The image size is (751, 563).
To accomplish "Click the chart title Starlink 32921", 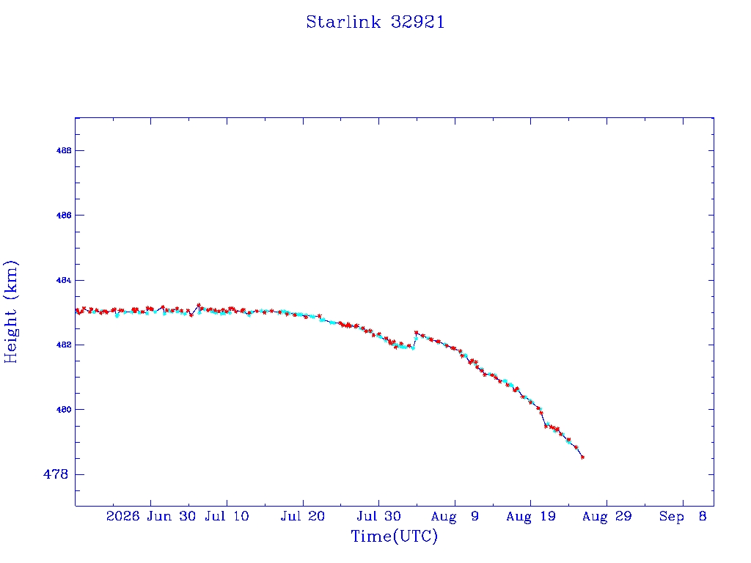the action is pos(375,22).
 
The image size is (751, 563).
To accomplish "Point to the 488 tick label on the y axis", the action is pos(64,150).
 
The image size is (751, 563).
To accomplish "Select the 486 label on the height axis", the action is pos(64,216).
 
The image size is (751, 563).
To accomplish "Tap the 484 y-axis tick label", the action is pos(64,280).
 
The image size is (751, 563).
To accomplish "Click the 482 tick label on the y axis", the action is pos(64,345).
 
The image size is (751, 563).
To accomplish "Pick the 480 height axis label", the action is pos(64,410).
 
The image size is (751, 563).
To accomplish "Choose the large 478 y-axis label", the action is pos(56,474).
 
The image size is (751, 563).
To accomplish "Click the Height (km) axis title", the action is pos(10,312).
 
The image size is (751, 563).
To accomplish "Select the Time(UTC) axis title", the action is pos(394,536).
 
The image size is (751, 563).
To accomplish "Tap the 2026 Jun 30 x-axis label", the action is pos(151,516).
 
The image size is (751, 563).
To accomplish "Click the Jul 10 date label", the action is pos(227,516).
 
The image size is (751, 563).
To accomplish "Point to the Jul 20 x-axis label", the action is pos(303,516).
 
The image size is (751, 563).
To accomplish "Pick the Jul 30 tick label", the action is pos(379,516).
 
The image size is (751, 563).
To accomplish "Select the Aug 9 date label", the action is pos(455,516).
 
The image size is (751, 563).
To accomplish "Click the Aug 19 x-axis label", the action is pos(531,516).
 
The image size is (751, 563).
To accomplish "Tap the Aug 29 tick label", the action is pos(607,516).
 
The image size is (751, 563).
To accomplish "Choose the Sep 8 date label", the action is pos(683,516).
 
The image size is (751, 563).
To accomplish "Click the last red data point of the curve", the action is pos(582,457).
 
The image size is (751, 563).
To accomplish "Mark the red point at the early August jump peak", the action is pos(417,332).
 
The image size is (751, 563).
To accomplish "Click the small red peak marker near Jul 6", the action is pos(199,305).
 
